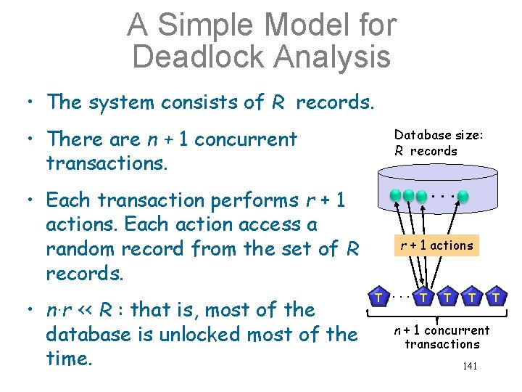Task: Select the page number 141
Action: tap(470, 366)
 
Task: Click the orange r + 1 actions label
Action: tap(437, 245)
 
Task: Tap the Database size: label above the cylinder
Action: tap(439, 135)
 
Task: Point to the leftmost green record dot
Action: tap(395, 196)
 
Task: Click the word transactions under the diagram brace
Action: tap(442, 343)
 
